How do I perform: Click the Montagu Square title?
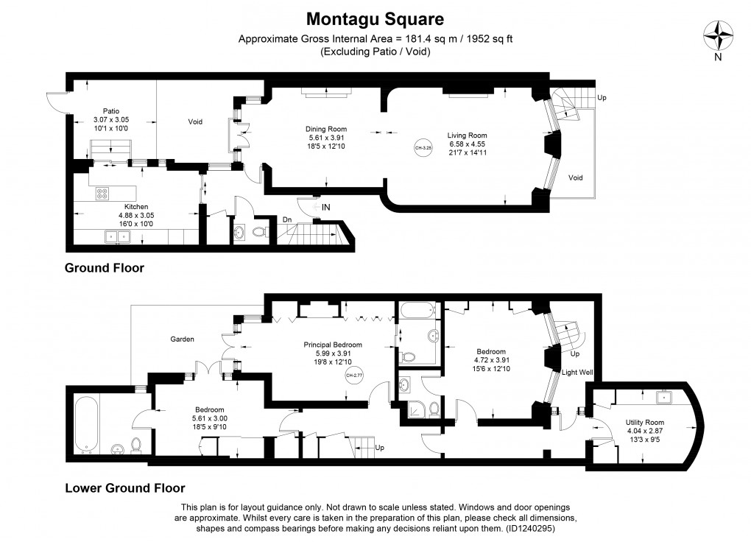pos(375,17)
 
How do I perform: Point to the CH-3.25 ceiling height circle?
pos(423,147)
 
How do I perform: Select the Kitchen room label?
pos(136,206)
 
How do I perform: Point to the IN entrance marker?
pos(325,208)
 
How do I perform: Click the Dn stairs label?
pos(288,219)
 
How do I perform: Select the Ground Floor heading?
pos(105,268)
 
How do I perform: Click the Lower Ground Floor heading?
pos(124,488)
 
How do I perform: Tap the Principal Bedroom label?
pos(333,344)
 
